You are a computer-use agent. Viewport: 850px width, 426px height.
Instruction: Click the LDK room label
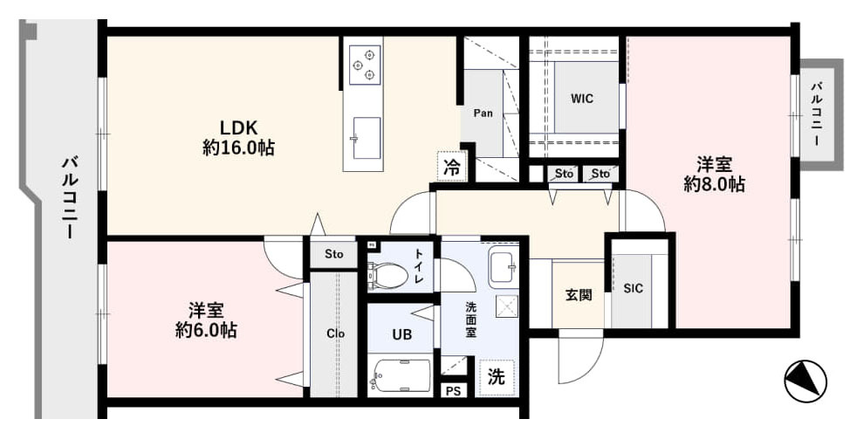(237, 128)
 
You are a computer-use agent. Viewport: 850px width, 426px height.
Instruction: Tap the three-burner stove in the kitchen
(364, 65)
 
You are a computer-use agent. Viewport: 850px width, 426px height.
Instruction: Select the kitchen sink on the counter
(367, 138)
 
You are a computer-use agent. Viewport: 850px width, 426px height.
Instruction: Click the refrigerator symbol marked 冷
(451, 166)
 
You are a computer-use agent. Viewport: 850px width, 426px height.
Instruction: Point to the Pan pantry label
(483, 113)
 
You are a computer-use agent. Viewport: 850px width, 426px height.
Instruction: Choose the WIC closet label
(582, 99)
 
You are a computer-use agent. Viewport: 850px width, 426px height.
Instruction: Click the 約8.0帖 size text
(714, 184)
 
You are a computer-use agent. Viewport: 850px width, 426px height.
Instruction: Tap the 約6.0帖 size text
(206, 330)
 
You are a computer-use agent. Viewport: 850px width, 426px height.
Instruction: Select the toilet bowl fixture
(387, 275)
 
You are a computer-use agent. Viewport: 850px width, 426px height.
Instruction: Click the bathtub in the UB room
(401, 375)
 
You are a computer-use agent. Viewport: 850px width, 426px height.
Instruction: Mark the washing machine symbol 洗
(496, 376)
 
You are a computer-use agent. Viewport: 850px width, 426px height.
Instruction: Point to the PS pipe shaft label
(453, 391)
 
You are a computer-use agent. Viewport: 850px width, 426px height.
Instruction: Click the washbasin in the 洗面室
(504, 269)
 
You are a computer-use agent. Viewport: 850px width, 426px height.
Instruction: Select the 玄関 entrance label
(579, 295)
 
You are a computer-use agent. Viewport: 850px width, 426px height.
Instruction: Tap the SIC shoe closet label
(633, 288)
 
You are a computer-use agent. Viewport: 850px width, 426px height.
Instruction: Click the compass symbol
(805, 381)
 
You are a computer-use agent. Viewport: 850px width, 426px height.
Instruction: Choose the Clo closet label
(336, 333)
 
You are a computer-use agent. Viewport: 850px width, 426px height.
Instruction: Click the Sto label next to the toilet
(334, 254)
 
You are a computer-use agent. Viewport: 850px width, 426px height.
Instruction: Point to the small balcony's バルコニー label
(815, 113)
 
